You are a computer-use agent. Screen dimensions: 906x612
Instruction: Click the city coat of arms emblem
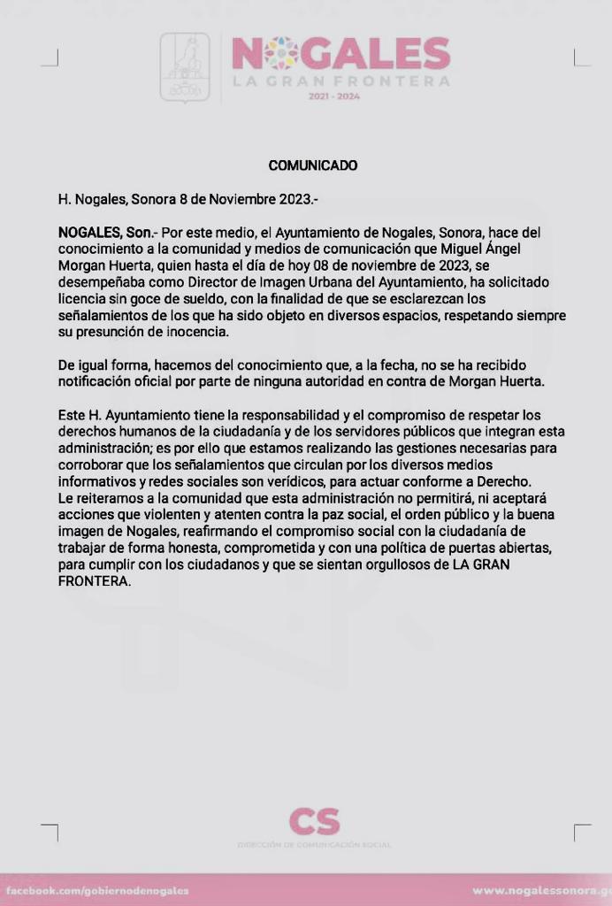[185, 67]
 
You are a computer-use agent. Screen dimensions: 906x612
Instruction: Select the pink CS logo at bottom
[314, 822]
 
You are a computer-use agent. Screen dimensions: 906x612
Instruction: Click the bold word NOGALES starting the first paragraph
[87, 232]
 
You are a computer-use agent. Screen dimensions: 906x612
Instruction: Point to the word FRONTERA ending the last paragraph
[94, 580]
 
